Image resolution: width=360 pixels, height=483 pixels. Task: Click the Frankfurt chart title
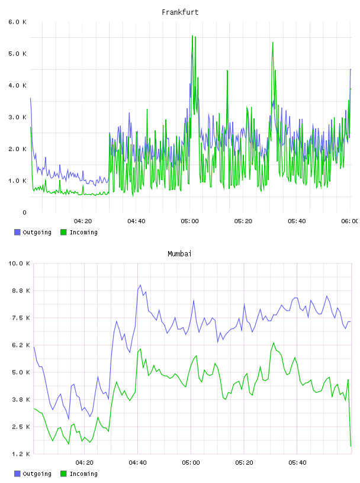pyautogui.click(x=180, y=12)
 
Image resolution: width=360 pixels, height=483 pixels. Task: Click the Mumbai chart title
pyautogui.click(x=179, y=254)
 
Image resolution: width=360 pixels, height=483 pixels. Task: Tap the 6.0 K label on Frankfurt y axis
pyautogui.click(x=18, y=22)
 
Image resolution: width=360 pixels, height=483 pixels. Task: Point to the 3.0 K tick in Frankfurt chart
pyautogui.click(x=18, y=117)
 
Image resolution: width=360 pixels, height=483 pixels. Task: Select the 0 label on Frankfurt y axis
pyautogui.click(x=24, y=212)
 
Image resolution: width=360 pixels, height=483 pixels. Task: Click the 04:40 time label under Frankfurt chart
pyautogui.click(x=136, y=221)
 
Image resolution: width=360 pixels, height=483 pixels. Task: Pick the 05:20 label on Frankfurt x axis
pyautogui.click(x=243, y=221)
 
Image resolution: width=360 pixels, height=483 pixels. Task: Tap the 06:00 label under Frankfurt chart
pyautogui.click(x=349, y=221)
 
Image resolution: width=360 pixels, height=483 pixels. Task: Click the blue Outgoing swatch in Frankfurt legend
pyautogui.click(x=17, y=232)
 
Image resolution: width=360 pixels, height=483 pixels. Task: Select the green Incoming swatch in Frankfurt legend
pyautogui.click(x=63, y=232)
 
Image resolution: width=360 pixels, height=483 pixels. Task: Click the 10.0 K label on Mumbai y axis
pyautogui.click(x=19, y=263)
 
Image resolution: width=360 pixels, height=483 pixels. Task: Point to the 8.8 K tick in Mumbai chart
pyautogui.click(x=21, y=291)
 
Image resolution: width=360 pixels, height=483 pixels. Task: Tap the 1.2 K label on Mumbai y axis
pyautogui.click(x=21, y=454)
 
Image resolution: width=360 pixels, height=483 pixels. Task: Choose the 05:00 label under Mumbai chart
pyautogui.click(x=191, y=462)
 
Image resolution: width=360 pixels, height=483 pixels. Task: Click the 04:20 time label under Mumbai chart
pyautogui.click(x=84, y=462)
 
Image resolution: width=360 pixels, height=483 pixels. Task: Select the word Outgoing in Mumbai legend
pyautogui.click(x=37, y=474)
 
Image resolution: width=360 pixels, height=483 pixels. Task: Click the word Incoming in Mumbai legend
pyautogui.click(x=83, y=474)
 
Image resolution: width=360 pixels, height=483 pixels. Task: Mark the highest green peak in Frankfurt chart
pyautogui.click(x=192, y=36)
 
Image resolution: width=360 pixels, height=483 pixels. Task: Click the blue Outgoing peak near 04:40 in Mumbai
pyautogui.click(x=140, y=285)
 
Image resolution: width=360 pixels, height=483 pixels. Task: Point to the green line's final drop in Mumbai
pyautogui.click(x=349, y=413)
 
